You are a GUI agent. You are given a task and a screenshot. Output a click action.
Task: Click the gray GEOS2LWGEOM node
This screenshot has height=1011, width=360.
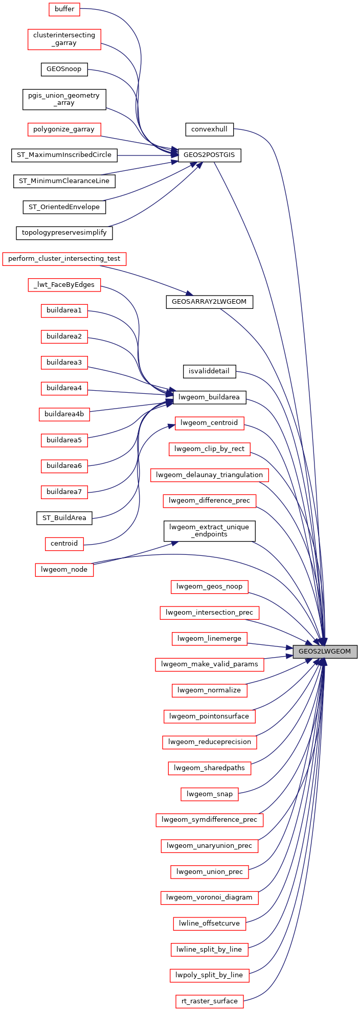click(325, 651)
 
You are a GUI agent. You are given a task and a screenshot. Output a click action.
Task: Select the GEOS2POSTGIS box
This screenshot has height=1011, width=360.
click(209, 155)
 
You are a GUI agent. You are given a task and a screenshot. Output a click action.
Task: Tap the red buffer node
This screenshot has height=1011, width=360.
click(64, 9)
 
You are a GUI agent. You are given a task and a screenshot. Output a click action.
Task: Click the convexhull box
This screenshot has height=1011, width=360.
click(209, 129)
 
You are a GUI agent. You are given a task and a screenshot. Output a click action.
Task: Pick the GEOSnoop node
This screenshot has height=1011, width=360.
click(64, 69)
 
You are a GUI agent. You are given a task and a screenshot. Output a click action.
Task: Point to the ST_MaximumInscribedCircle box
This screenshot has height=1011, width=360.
click(64, 155)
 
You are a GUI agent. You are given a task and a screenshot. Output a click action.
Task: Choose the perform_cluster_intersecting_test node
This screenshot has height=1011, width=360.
click(64, 259)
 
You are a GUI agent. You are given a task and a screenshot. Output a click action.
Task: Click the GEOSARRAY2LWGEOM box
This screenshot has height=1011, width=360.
click(209, 302)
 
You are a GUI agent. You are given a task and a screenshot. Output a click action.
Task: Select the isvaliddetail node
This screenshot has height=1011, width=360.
click(209, 371)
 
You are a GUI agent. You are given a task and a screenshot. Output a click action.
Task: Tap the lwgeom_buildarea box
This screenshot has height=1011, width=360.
click(210, 397)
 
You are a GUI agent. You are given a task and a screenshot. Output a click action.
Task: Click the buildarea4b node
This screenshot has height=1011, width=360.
click(64, 414)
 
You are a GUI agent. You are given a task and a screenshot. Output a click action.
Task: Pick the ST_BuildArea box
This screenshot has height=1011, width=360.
click(64, 518)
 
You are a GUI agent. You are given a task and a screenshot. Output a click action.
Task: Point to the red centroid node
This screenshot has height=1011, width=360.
click(64, 543)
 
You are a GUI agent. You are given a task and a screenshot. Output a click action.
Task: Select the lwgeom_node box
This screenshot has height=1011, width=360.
click(64, 569)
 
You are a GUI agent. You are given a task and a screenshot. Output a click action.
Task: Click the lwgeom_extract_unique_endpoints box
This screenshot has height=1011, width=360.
click(209, 531)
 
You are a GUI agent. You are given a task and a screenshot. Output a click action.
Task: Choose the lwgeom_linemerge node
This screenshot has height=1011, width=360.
click(209, 639)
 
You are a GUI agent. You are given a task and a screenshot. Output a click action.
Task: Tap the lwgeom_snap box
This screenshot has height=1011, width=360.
click(209, 794)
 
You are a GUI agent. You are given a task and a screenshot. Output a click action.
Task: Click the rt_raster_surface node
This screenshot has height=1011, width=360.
click(209, 1001)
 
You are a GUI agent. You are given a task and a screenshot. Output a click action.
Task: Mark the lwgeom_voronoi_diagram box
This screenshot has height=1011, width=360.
click(209, 897)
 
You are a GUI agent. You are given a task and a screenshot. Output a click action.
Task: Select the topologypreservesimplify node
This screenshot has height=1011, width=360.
click(64, 233)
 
